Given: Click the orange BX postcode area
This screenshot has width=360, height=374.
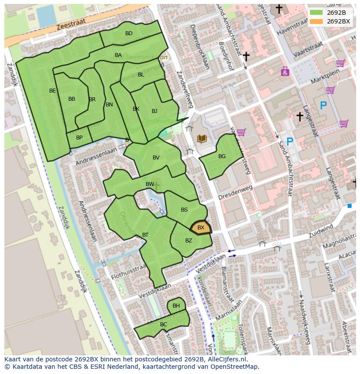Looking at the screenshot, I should (x=201, y=228).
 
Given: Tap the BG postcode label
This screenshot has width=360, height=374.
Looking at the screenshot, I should (x=222, y=156).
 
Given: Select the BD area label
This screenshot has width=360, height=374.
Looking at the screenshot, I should (x=129, y=33).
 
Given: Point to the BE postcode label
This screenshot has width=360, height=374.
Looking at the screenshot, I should (x=53, y=91).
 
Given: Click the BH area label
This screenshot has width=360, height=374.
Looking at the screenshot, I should (x=176, y=306).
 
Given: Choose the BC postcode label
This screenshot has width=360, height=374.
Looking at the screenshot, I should (x=163, y=324).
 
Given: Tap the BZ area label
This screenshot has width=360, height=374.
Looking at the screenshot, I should (x=188, y=241).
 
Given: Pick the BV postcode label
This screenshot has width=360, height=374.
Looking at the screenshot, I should (x=156, y=158).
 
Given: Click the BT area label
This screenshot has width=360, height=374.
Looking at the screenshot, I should (x=145, y=235).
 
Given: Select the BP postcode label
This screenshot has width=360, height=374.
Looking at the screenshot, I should (x=79, y=138).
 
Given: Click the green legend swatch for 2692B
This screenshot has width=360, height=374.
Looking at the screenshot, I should (x=317, y=12).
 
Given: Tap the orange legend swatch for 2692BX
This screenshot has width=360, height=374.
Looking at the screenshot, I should (x=317, y=21).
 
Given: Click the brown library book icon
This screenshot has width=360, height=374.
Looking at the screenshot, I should (x=202, y=139).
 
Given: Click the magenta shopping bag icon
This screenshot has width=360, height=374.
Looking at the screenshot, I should (x=285, y=71).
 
